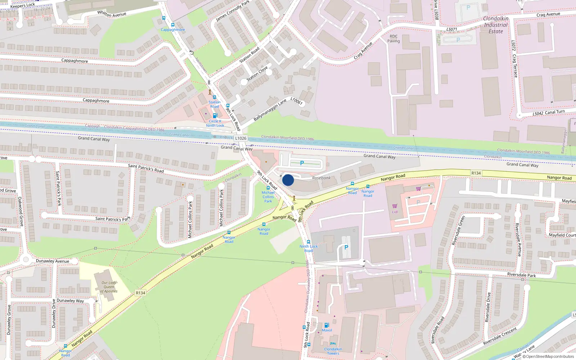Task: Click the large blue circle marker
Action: [x=288, y=180]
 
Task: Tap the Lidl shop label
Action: [x=395, y=212]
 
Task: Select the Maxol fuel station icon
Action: [x=327, y=325]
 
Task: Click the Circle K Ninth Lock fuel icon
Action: [x=215, y=116]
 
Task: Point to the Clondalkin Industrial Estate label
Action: [x=496, y=25]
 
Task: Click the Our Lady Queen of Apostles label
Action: [x=109, y=287]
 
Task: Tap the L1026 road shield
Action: [x=241, y=138]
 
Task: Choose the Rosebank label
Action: [x=321, y=178]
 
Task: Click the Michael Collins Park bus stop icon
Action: [x=268, y=188]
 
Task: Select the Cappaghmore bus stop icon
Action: [x=173, y=25]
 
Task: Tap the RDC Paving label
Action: [x=393, y=39]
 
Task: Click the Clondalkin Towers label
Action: [x=333, y=351]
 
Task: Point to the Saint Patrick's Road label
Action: [x=146, y=168]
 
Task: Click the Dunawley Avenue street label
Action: [x=53, y=261]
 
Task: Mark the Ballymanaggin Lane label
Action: [x=270, y=110]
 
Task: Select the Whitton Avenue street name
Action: [x=112, y=14]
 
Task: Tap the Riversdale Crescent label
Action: [x=500, y=336]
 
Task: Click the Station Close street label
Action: [x=257, y=73]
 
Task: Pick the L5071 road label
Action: [x=452, y=30]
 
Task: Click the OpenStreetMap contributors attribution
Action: [x=549, y=357]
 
